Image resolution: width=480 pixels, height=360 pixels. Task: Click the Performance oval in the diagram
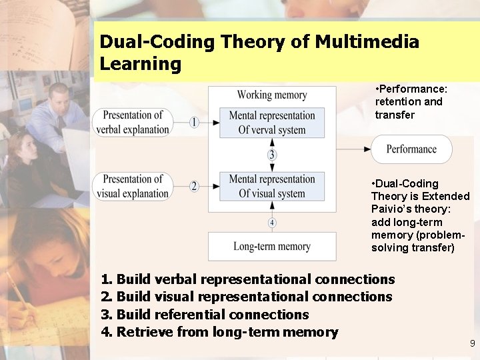point(411,149)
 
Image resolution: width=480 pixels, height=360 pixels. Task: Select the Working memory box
point(272,95)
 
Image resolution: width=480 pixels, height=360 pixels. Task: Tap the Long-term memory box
point(272,247)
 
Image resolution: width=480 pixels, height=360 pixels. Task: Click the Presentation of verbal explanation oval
point(132,122)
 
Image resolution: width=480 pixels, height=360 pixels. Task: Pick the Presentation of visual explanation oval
point(132,187)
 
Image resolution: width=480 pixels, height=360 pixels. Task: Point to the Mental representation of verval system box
point(272,123)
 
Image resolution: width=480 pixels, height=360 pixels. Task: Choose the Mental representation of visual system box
point(272,187)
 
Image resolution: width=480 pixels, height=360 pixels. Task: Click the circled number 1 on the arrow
point(194,122)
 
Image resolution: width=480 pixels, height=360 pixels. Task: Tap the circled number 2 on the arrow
point(194,187)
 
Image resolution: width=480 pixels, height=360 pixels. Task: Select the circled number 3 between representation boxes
point(272,155)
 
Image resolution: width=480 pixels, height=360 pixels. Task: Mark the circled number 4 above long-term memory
point(272,222)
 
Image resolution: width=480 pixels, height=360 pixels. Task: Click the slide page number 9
point(472,344)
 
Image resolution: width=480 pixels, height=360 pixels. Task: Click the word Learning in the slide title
point(140,64)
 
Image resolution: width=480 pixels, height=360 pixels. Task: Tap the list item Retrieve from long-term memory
point(219,331)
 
